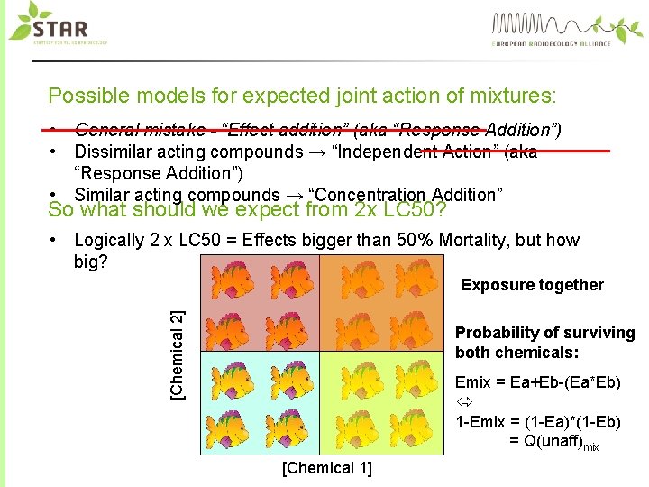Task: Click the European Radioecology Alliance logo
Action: point(551,28)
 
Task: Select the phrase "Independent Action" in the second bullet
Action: point(407,152)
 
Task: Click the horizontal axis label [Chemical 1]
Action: point(325,467)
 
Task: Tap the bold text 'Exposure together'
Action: point(532,285)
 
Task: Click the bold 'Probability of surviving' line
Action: point(544,333)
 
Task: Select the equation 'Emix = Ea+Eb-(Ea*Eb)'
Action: point(537,382)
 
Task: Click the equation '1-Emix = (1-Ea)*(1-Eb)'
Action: point(538,422)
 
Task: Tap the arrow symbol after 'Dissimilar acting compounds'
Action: point(318,152)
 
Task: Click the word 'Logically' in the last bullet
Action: point(109,240)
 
